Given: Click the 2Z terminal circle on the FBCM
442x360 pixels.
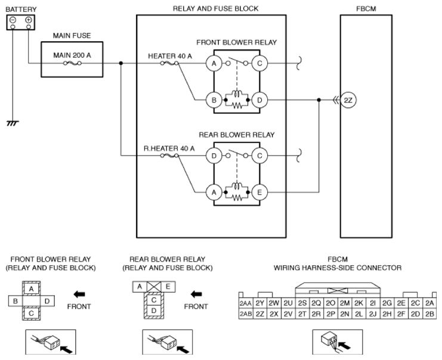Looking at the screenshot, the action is [x=348, y=100].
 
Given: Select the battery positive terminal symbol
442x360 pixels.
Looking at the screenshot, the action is [x=28, y=20].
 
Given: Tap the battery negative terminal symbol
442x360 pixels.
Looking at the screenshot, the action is [x=13, y=20].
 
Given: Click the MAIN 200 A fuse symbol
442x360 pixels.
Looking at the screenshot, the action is [x=72, y=63].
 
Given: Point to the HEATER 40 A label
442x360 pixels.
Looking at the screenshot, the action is [x=170, y=56].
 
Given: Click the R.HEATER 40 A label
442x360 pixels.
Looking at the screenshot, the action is [x=169, y=148].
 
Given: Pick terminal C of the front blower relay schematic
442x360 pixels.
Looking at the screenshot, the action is [x=259, y=63].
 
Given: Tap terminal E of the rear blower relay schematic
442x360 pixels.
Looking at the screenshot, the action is [x=259, y=193].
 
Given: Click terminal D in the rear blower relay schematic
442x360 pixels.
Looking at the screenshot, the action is [x=214, y=156].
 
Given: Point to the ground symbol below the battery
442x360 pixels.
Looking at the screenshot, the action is [x=13, y=123].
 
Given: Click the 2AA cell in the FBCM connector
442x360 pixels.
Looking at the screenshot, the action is [x=246, y=303].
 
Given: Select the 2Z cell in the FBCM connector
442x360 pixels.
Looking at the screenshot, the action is [x=259, y=314].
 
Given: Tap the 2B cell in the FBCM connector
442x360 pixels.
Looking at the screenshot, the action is [x=429, y=314].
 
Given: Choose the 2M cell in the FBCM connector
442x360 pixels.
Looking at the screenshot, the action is [x=344, y=303].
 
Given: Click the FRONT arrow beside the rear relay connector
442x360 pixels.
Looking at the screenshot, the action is [x=196, y=294].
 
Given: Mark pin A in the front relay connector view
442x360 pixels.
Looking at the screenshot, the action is [x=31, y=288].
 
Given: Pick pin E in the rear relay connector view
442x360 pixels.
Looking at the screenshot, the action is [x=168, y=287].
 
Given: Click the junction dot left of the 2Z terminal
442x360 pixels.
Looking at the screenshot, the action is [x=319, y=100].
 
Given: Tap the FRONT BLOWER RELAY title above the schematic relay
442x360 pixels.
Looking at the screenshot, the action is [x=236, y=42].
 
